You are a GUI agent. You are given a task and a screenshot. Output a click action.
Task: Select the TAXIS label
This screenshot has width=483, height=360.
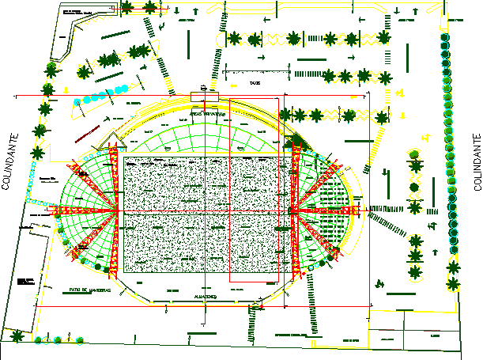point(254,81)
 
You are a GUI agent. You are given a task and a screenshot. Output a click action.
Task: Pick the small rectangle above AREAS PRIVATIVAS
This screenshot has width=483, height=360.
point(204,97)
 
